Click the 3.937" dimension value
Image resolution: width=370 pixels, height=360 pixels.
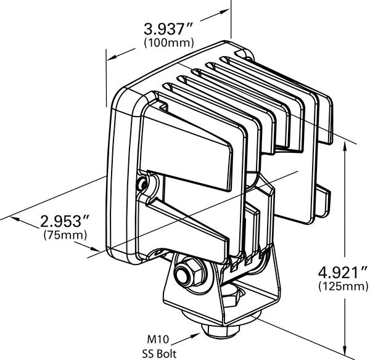[168, 29]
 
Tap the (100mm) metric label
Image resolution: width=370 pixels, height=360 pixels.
[168, 43]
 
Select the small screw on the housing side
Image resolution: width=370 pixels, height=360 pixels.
[144, 183]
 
